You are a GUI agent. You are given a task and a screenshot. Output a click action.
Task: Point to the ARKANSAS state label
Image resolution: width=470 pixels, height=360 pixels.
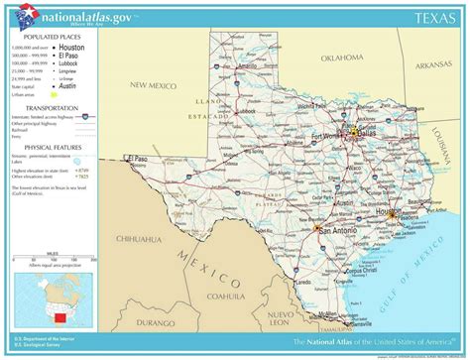pyautogui.click(x=433, y=65)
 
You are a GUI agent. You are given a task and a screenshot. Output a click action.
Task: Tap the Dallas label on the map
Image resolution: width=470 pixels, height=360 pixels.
pyautogui.click(x=363, y=130)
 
